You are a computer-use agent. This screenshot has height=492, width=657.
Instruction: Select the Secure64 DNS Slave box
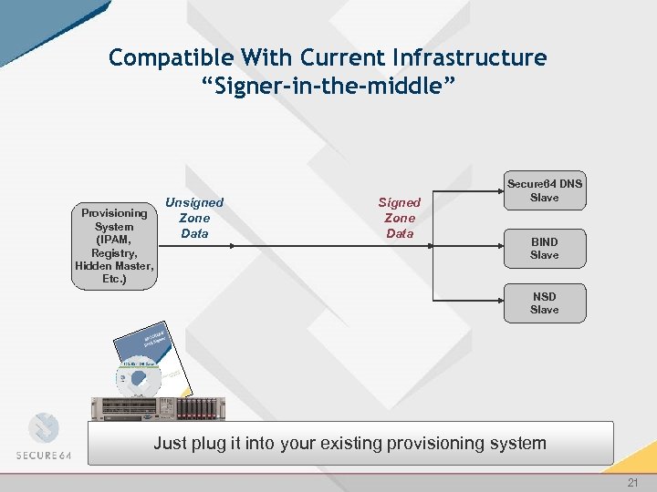(x=544, y=190)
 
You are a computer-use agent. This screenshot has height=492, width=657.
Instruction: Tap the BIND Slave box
(x=544, y=249)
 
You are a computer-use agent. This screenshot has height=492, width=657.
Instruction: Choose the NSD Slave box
(x=544, y=303)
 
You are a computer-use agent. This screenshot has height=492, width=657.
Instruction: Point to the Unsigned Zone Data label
(x=193, y=218)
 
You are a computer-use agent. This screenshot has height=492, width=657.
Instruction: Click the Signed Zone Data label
(x=399, y=218)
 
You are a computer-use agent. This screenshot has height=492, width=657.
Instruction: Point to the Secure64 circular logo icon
(x=44, y=428)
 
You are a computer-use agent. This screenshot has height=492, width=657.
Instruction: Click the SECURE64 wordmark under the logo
(x=49, y=455)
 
